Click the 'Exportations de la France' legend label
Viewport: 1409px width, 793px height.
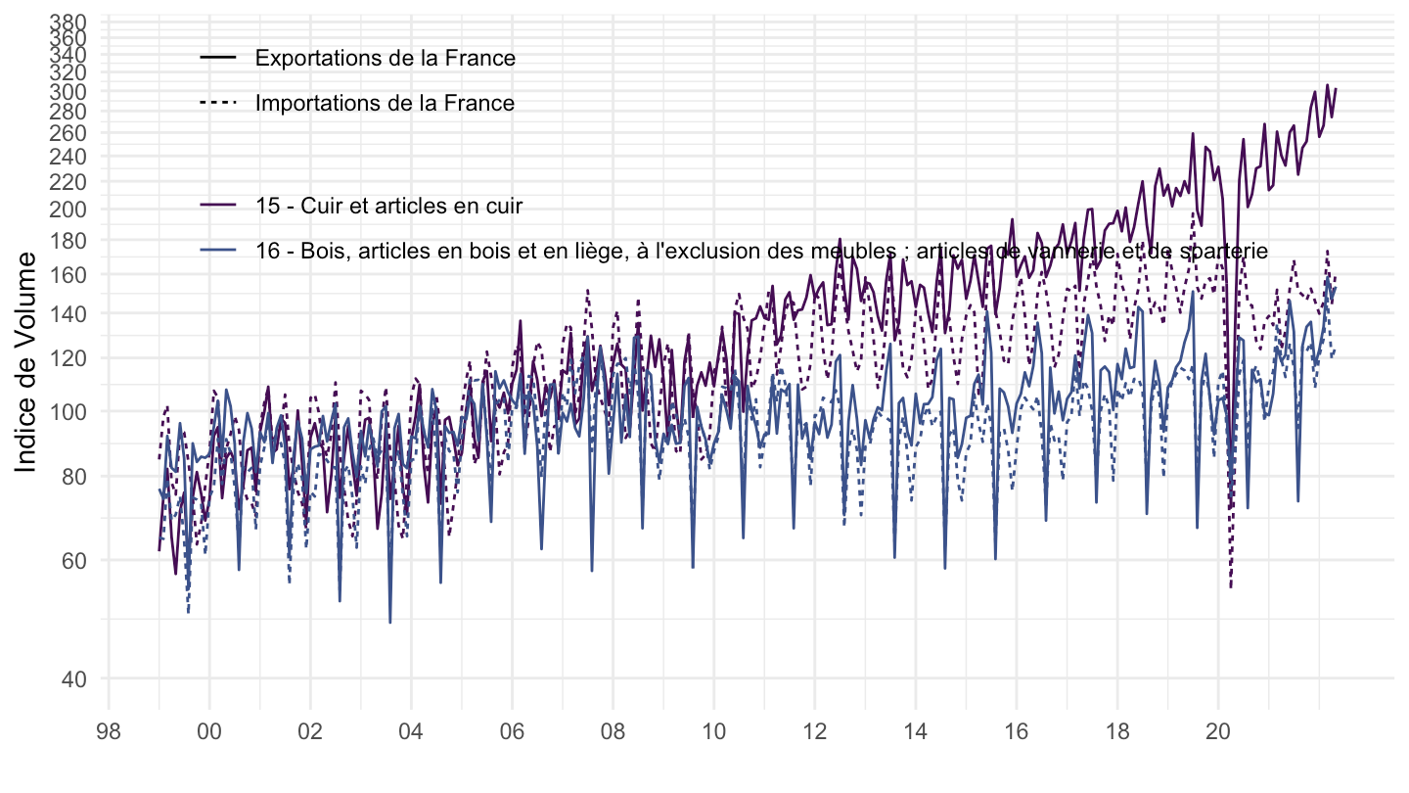(385, 58)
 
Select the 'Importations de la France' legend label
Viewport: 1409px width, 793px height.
(385, 103)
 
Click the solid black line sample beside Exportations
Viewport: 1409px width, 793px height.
(218, 58)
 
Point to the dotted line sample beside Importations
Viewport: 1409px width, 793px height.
(218, 103)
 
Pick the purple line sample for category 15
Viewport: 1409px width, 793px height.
(218, 206)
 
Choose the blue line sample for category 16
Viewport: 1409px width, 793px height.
(218, 251)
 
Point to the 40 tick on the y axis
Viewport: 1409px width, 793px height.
(73, 678)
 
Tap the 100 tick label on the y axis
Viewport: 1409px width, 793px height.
(68, 411)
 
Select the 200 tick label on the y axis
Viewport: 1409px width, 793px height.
(68, 210)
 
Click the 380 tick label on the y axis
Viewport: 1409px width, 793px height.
(68, 22)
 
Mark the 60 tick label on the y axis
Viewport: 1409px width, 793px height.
(73, 560)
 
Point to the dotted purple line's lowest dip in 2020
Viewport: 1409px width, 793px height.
(1230, 586)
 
